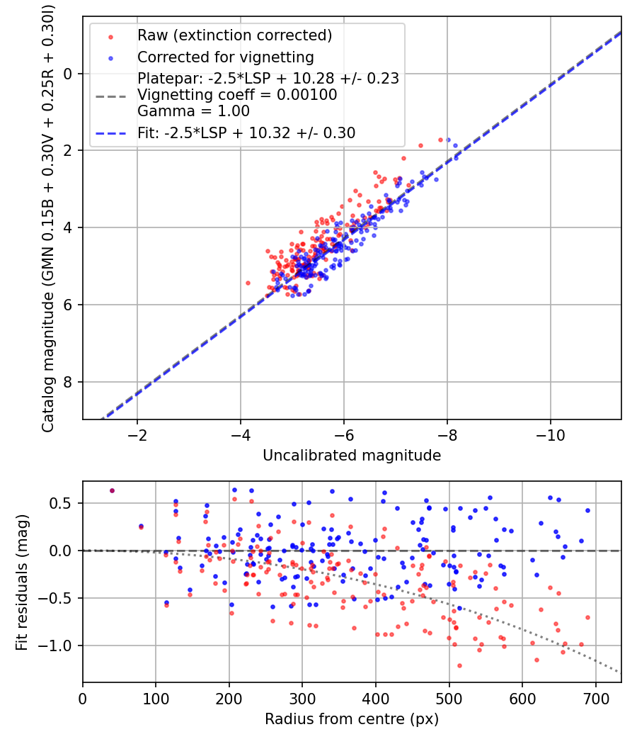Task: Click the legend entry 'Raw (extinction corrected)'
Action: (234, 35)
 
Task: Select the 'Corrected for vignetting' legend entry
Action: (225, 57)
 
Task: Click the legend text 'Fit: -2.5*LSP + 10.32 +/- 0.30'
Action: (246, 133)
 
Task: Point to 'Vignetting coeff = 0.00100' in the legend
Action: (237, 94)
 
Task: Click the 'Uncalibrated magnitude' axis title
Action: (352, 456)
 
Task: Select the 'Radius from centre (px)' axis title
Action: (352, 719)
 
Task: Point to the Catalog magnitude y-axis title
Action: (48, 217)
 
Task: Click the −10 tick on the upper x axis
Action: (550, 434)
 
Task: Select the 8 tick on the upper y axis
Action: (69, 382)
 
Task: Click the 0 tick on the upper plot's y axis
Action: (69, 74)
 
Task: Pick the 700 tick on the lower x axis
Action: (595, 698)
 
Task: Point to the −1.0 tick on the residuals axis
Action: (58, 646)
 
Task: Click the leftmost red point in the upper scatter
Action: (248, 283)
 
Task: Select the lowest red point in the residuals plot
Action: (459, 665)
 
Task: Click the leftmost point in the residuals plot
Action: (112, 490)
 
